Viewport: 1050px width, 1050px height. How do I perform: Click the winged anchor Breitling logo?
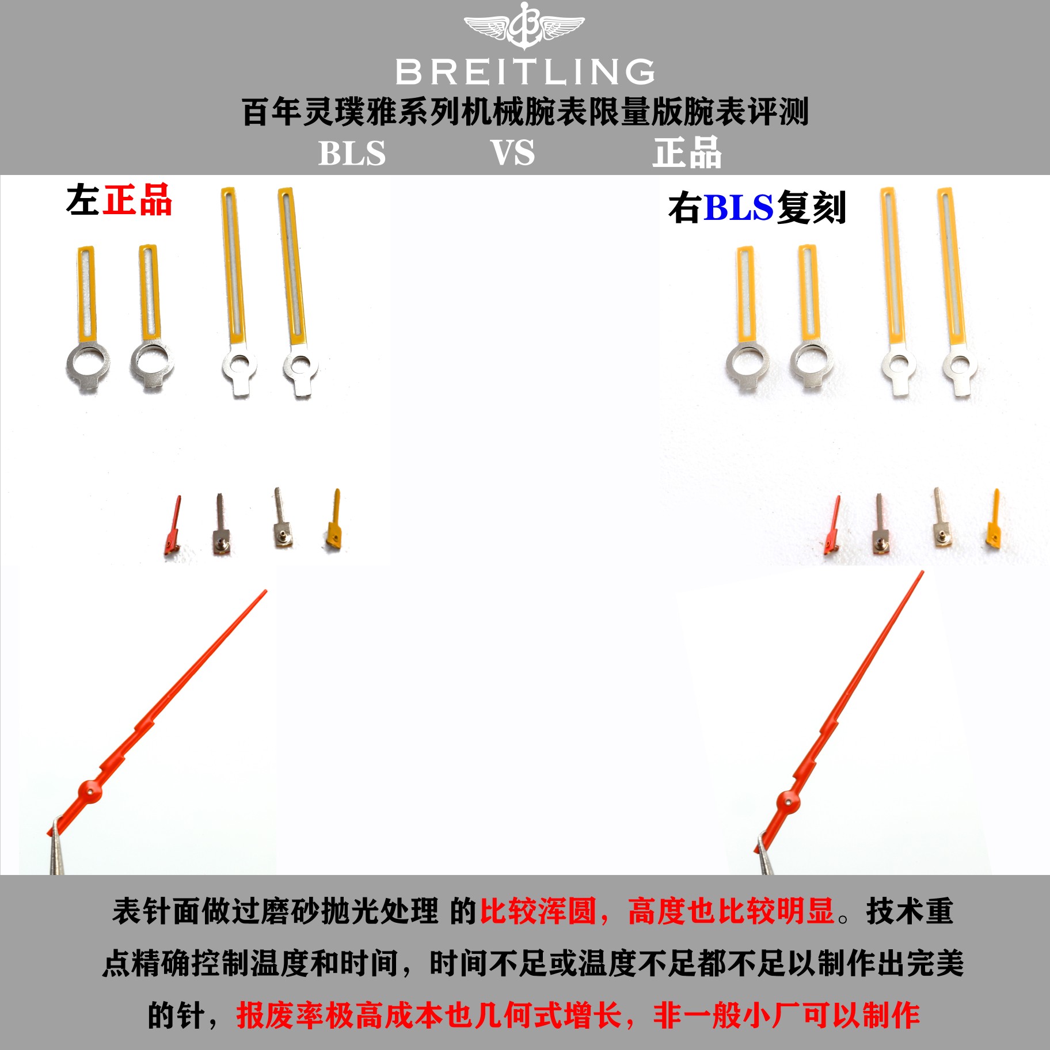point(524,25)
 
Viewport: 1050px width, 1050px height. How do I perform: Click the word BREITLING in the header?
point(525,72)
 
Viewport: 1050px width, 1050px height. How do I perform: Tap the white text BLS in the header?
point(352,153)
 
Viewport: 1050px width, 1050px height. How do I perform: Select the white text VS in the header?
point(512,153)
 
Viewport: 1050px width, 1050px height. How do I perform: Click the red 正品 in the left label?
point(138,200)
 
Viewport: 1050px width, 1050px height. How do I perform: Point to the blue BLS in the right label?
point(739,207)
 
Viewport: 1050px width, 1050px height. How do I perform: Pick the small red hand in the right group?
point(832,525)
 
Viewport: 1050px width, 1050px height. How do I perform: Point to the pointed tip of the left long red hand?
point(265,591)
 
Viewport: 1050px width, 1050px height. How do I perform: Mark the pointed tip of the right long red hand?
point(923,572)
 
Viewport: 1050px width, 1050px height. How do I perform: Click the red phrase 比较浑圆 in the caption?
point(538,912)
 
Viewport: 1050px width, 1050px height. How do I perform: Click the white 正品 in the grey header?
point(687,153)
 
